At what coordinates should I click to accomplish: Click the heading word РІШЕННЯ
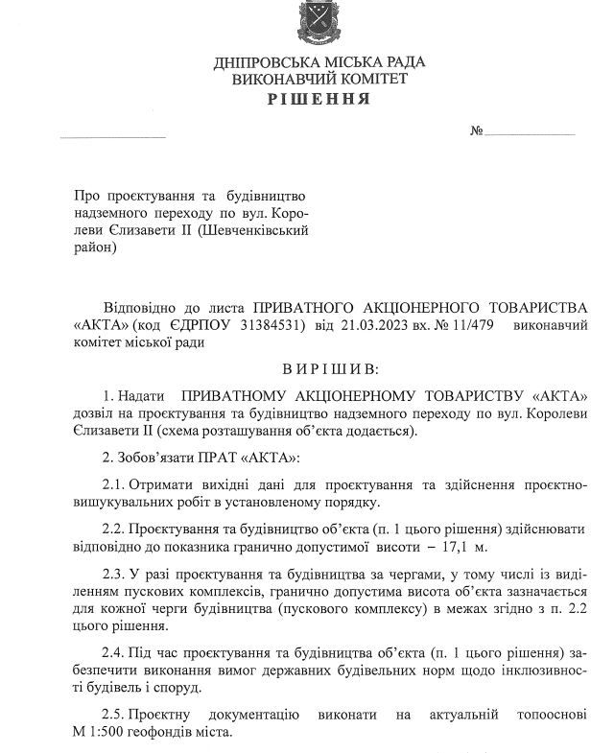click(x=320, y=100)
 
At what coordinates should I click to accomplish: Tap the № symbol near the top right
click(x=476, y=130)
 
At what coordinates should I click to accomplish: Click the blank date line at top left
click(x=112, y=135)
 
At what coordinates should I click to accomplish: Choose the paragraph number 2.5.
click(x=111, y=716)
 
